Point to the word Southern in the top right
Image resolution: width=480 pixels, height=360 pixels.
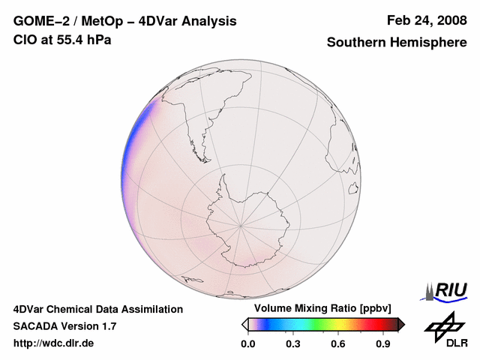tap(356, 43)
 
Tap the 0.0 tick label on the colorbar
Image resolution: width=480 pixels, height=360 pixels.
tap(248, 344)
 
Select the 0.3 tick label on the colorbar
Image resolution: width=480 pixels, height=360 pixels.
tap(293, 344)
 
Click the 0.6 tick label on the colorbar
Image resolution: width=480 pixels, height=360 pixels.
tap(338, 344)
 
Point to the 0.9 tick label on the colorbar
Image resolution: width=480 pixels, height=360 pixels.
tap(383, 344)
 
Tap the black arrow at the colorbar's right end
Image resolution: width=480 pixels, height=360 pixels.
tap(401, 324)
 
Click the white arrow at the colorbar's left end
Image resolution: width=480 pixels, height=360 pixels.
tap(244, 324)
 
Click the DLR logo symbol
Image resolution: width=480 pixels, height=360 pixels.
tap(442, 325)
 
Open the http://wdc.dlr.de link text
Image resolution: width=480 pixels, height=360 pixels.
tap(54, 343)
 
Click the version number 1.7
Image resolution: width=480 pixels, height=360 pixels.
tap(107, 326)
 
